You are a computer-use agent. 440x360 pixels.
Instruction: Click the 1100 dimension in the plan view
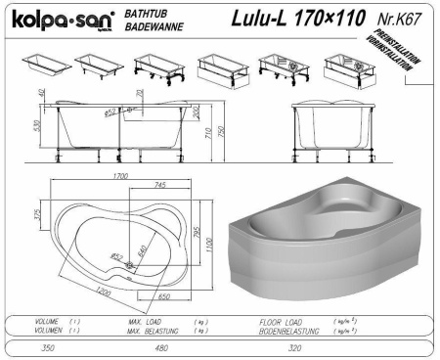(209, 240)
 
